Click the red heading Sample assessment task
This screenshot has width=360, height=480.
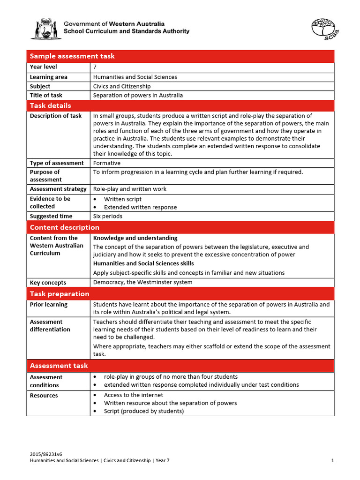(x=72, y=56)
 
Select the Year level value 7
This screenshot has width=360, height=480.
(x=95, y=67)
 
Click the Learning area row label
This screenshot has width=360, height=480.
(x=49, y=77)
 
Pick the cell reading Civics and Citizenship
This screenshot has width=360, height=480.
(x=122, y=86)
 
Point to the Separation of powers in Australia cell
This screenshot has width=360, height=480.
(x=138, y=95)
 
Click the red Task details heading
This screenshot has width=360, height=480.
(x=51, y=105)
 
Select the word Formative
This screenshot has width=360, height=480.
(x=107, y=163)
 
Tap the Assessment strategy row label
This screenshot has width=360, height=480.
(x=58, y=189)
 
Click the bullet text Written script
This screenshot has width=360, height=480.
(x=122, y=199)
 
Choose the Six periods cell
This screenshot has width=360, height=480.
(x=108, y=216)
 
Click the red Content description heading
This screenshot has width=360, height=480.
(x=65, y=227)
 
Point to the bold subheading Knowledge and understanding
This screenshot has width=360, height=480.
(x=135, y=238)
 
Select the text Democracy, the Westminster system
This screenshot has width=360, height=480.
(x=142, y=282)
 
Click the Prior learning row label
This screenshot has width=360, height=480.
(x=49, y=305)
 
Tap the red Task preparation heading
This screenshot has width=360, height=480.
(x=60, y=294)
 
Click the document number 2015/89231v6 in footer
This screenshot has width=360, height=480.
(x=46, y=454)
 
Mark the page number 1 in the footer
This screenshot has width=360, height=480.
(x=332, y=461)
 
